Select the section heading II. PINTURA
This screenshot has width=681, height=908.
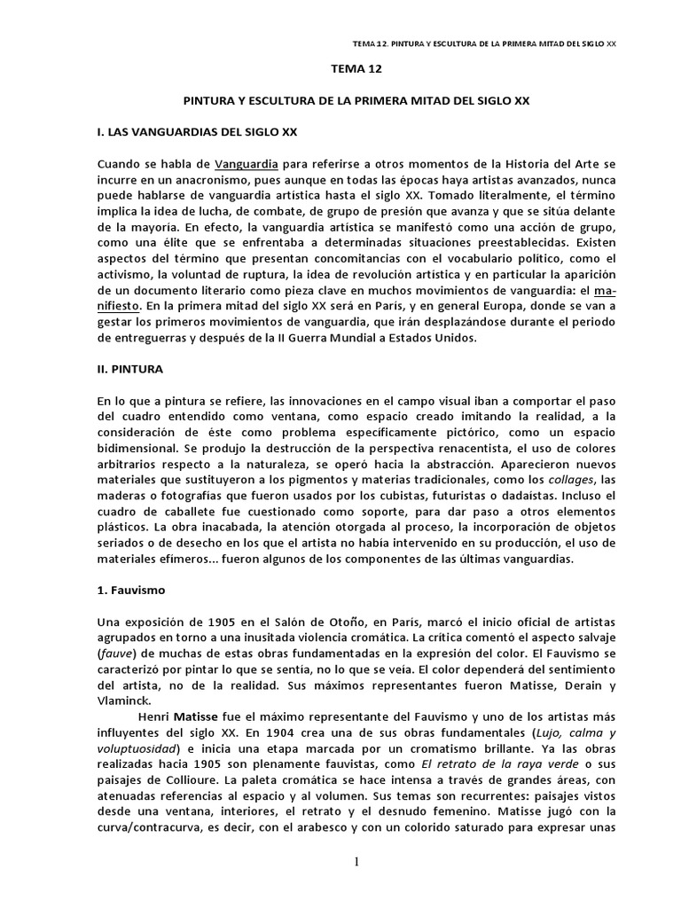click(130, 366)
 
